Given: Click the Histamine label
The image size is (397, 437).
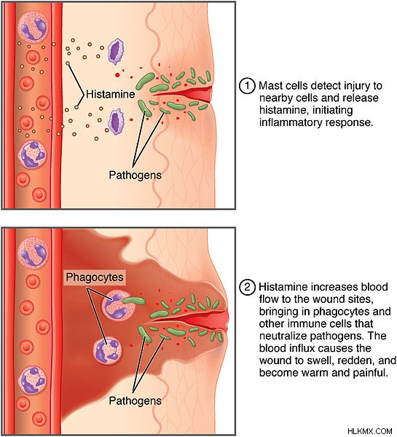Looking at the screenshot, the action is click(111, 94).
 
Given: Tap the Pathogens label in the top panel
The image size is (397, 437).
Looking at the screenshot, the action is click(135, 175).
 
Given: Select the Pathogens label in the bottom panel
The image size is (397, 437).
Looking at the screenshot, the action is click(135, 401).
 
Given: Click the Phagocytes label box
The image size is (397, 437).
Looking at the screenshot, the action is click(95, 277).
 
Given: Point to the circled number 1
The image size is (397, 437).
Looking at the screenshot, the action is click(247, 85).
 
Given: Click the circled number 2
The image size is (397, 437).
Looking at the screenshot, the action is click(247, 287).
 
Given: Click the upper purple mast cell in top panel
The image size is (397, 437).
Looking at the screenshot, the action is click(116, 52).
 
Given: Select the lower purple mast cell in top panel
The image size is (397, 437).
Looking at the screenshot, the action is click(115, 122).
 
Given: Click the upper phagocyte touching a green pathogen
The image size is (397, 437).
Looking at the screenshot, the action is click(118, 305).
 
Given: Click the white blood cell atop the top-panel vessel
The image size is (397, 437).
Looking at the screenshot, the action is click(33, 28).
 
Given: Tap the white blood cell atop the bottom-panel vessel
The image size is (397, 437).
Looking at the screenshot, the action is click(33, 253).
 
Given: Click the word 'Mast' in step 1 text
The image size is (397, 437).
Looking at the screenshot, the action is click(269, 85).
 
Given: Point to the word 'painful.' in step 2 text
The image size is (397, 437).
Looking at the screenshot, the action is click(370, 373).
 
